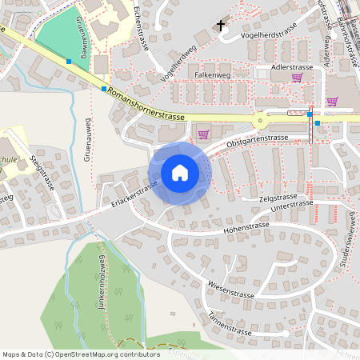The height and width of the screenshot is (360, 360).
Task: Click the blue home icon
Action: [179, 173]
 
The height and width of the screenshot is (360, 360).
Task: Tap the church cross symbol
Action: [221, 26]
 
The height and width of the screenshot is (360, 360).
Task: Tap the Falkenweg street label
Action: [212, 74]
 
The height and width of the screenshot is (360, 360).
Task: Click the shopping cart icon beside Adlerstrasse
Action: [298, 78]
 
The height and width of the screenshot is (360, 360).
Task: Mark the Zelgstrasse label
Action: [278, 196]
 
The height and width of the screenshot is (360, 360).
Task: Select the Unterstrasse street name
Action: [291, 206]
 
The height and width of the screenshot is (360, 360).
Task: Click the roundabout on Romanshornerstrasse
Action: [262, 121]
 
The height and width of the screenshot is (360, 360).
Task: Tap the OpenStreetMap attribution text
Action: [81, 353]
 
